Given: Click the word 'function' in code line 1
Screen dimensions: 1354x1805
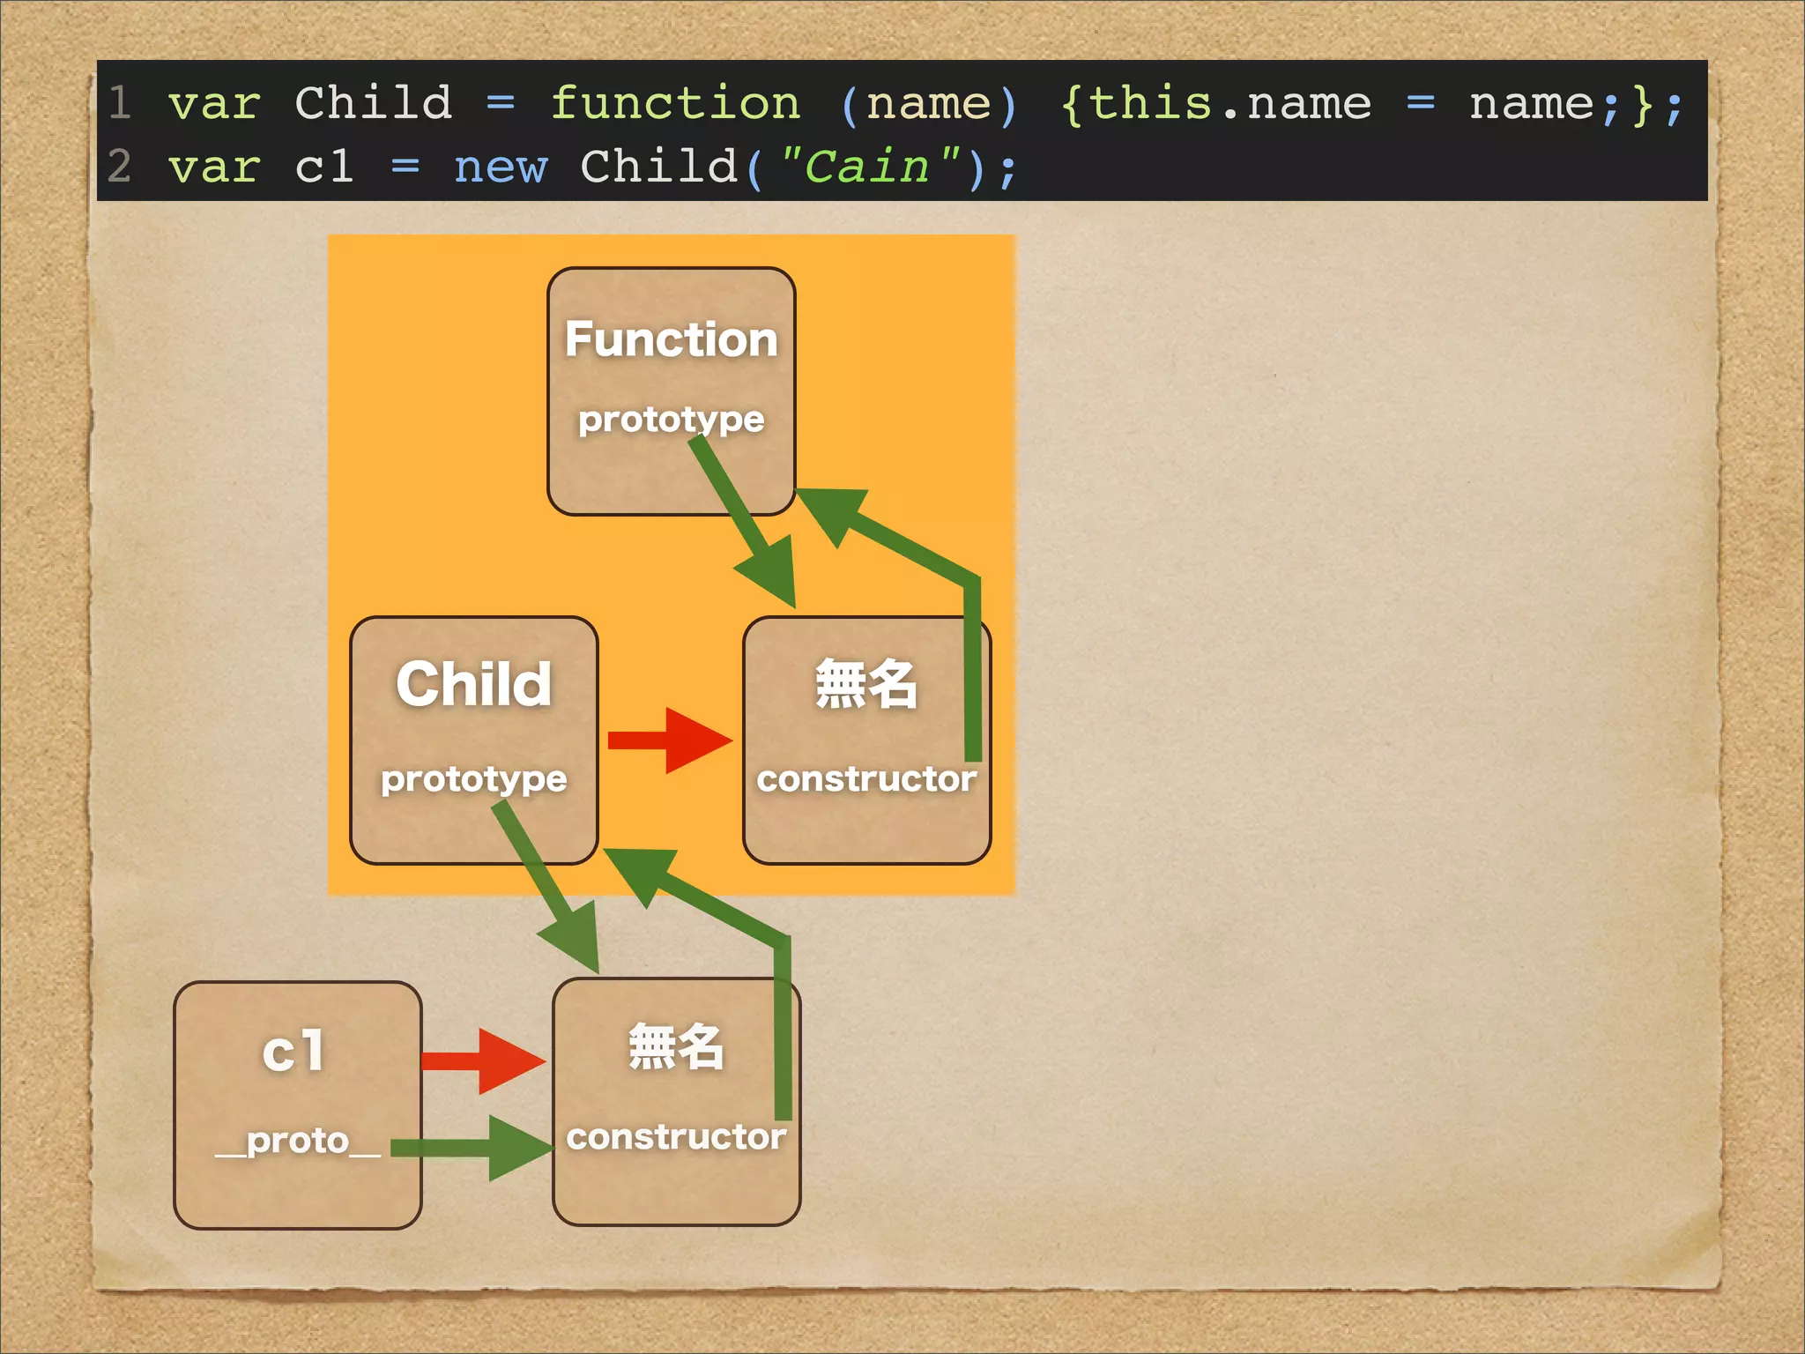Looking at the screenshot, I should [675, 104].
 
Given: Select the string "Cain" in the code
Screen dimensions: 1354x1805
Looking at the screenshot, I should [869, 167].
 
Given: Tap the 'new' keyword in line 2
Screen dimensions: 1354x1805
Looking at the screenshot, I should [501, 167].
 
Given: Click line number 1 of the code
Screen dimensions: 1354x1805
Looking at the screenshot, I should [121, 104].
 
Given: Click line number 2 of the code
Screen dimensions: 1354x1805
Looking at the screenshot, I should [120, 167].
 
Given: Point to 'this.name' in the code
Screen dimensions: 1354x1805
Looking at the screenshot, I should [1230, 104].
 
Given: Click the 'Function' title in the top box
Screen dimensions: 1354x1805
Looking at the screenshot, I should [672, 339].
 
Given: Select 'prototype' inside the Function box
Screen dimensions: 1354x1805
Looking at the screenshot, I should [672, 420].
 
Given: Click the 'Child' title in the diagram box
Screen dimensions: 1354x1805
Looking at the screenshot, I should [474, 684].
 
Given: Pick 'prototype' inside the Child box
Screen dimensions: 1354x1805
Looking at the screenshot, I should [474, 779].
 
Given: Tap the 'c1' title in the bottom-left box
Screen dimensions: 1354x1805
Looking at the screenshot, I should [294, 1052].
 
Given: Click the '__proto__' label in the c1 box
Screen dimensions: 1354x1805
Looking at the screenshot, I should [298, 1142].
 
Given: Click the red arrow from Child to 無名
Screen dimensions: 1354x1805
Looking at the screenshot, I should [670, 740].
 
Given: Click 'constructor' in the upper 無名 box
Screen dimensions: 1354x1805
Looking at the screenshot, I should [866, 779].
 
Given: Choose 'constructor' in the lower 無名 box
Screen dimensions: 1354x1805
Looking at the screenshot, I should [676, 1137].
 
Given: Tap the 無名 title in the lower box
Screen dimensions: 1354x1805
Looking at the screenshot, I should [676, 1047].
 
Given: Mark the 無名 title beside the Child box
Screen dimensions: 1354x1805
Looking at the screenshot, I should [866, 684].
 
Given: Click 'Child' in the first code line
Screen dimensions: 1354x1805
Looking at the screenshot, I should [374, 104].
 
